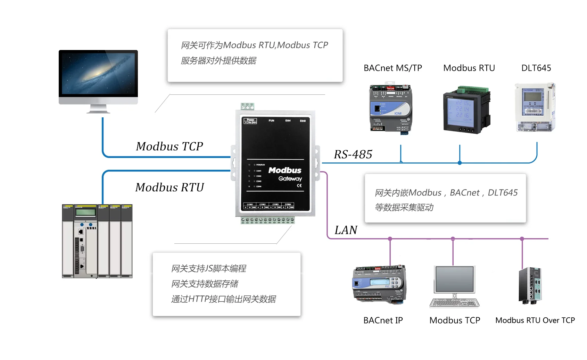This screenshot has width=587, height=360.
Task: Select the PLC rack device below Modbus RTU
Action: click(x=97, y=241)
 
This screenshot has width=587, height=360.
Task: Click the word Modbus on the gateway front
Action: click(x=285, y=170)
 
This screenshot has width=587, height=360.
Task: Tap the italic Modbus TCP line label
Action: click(x=170, y=146)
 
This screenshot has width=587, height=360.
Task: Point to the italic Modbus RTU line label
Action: click(x=170, y=187)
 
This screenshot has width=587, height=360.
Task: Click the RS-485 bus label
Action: click(x=353, y=154)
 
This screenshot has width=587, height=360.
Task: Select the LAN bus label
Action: click(x=346, y=230)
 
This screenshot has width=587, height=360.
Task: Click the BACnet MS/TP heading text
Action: click(x=392, y=68)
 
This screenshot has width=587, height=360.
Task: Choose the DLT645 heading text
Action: click(x=536, y=68)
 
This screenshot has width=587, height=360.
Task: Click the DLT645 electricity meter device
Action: click(x=535, y=107)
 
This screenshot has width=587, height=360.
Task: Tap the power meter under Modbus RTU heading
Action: click(x=466, y=110)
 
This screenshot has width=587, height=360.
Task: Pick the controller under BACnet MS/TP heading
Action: click(x=390, y=108)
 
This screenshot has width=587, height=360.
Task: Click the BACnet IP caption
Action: click(x=383, y=320)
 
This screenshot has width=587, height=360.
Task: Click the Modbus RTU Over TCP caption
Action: click(x=535, y=320)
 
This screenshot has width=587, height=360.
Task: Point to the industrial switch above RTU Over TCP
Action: click(x=530, y=285)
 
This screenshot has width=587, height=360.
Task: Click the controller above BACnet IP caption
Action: click(x=379, y=285)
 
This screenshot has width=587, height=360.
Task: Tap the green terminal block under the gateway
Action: click(x=267, y=220)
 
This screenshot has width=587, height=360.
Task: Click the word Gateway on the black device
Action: click(x=290, y=179)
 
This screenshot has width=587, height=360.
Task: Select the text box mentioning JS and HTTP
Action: click(x=226, y=284)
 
